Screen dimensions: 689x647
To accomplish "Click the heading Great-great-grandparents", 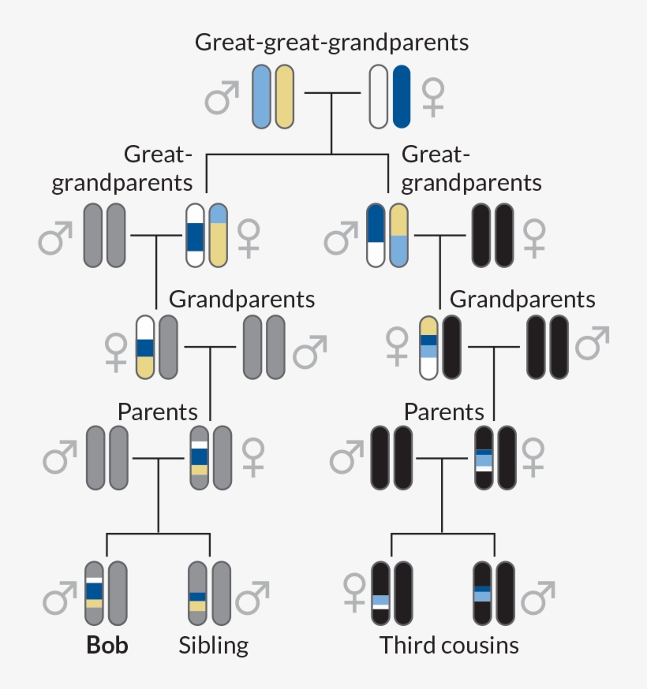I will tap(331, 42).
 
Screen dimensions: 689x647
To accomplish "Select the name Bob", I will tap(107, 645).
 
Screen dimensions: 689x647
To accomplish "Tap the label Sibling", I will tap(213, 645).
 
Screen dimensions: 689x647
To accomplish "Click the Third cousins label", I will tap(449, 645).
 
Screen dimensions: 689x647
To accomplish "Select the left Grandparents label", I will tap(241, 300).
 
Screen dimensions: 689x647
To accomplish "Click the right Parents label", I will tap(443, 412).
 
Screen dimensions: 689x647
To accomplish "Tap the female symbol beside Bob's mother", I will tap(252, 457).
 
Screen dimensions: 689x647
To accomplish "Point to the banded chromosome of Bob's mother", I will tap(199, 456).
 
